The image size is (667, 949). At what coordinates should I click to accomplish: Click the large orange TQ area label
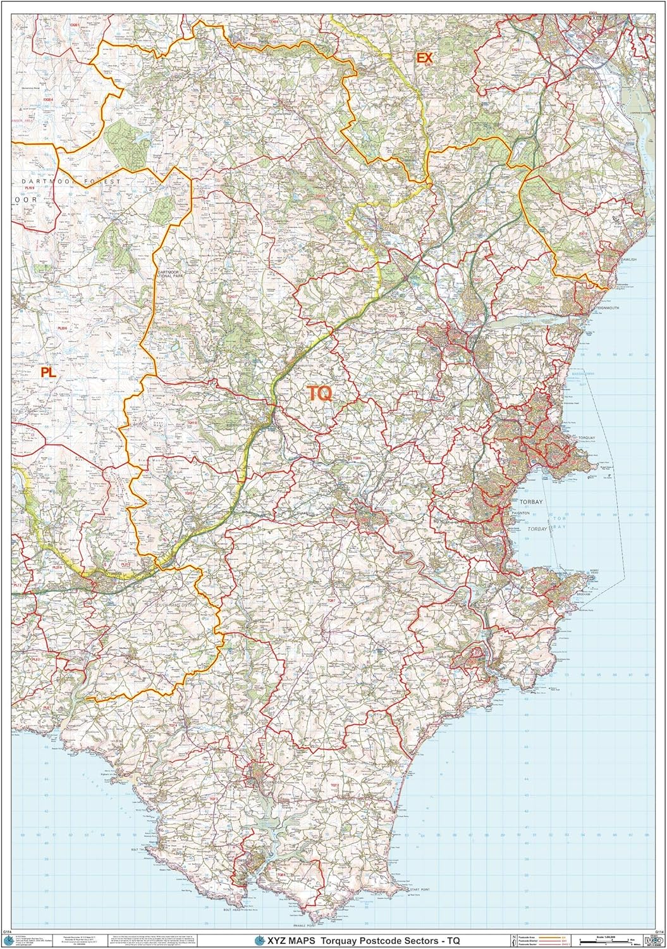320,394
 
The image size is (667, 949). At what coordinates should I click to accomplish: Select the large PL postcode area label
48,373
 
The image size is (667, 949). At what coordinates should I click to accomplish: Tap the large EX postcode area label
424,58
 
